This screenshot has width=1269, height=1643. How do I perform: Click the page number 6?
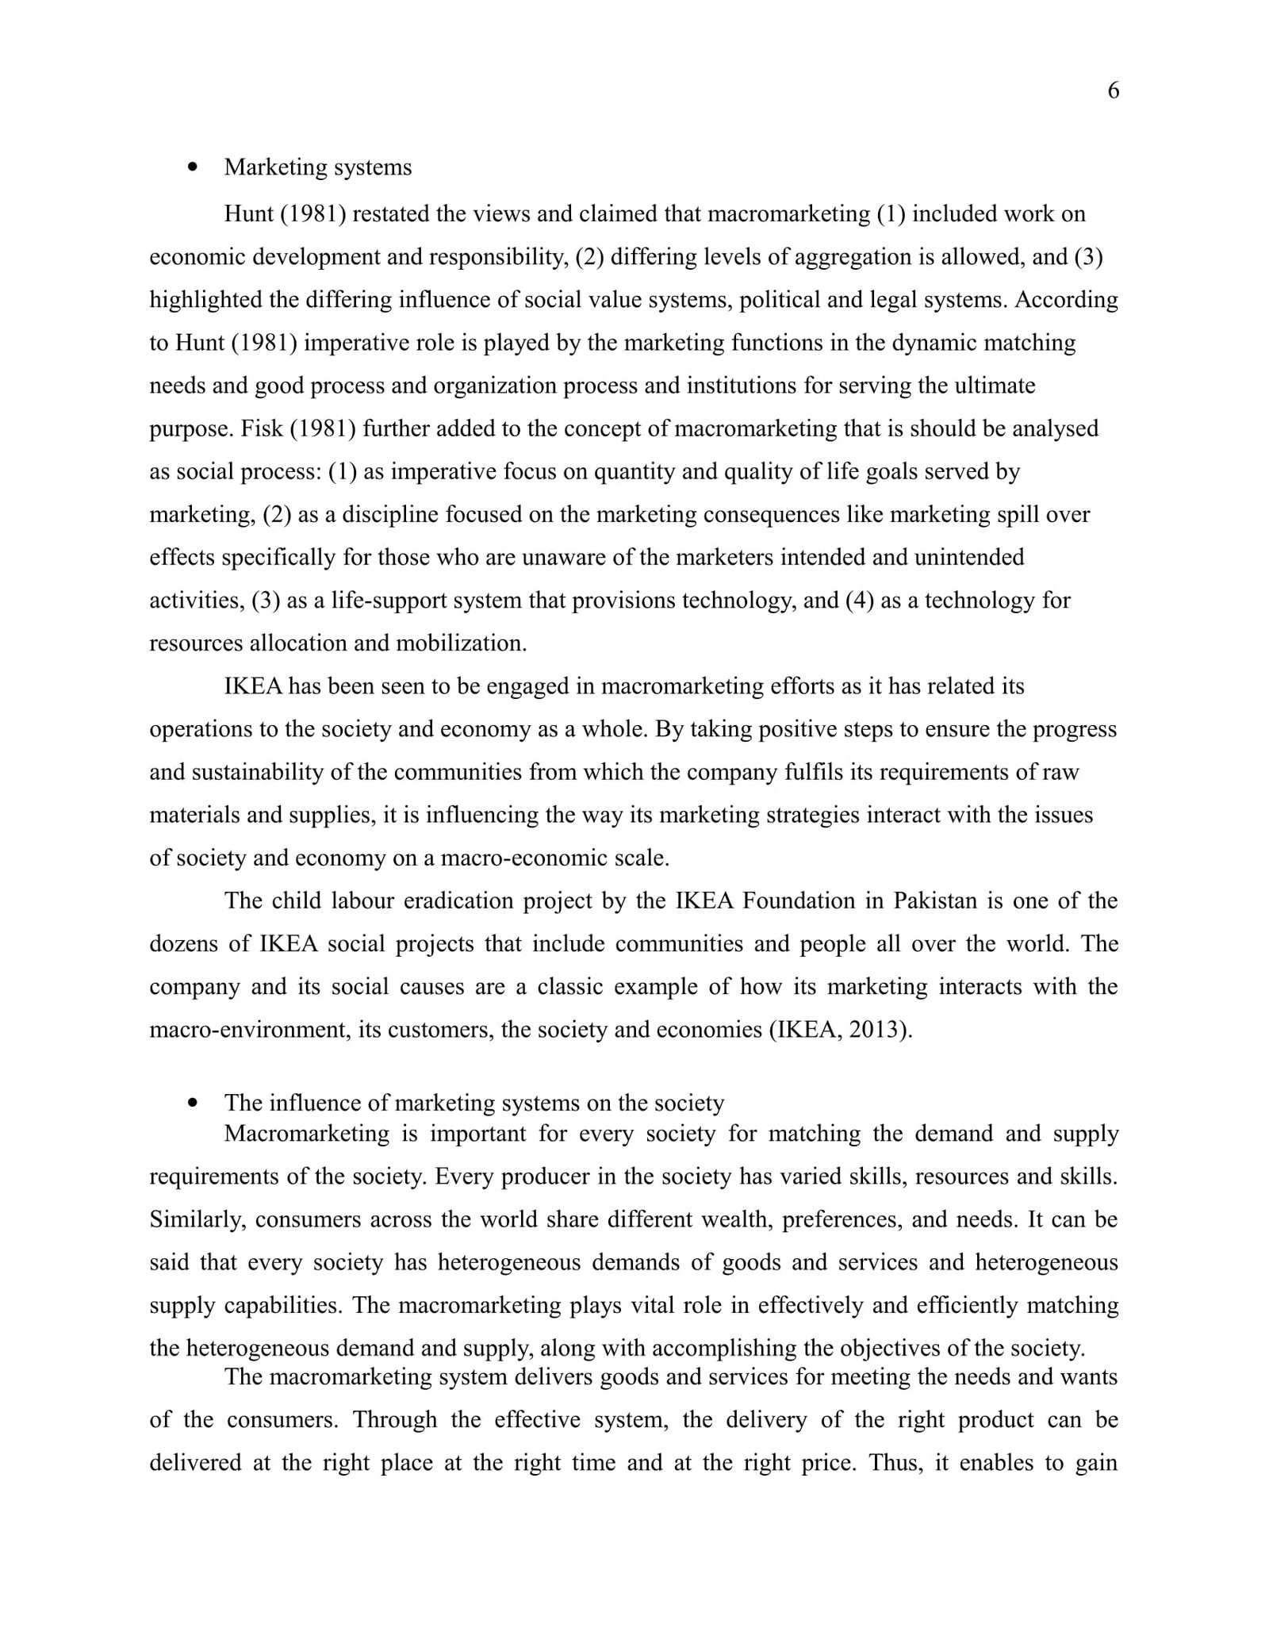[x=1113, y=91]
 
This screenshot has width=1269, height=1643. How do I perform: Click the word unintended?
[x=969, y=557]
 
